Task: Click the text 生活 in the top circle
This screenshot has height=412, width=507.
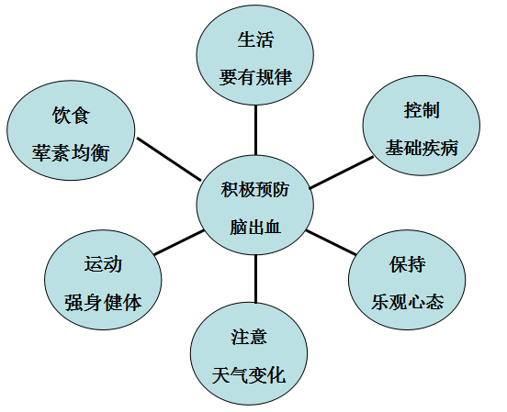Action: pyautogui.click(x=255, y=39)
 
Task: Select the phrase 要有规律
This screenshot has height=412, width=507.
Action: pyautogui.click(x=255, y=78)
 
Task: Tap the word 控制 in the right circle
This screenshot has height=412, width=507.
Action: pyautogui.click(x=422, y=110)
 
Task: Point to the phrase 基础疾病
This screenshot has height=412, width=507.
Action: pyautogui.click(x=422, y=148)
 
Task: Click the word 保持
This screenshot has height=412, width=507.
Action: pyautogui.click(x=407, y=264)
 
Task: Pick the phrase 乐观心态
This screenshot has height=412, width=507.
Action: pyautogui.click(x=407, y=302)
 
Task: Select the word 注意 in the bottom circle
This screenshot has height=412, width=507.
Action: pyautogui.click(x=249, y=337)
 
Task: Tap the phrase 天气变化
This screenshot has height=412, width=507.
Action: pyautogui.click(x=249, y=375)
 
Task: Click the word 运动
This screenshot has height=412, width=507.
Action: pyautogui.click(x=103, y=264)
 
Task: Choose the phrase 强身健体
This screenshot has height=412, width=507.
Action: pyautogui.click(x=103, y=303)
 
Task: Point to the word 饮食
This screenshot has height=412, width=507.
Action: pyautogui.click(x=71, y=115)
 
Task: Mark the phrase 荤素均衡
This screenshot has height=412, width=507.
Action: pyautogui.click(x=71, y=153)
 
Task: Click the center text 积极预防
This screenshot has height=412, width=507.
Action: pyautogui.click(x=255, y=189)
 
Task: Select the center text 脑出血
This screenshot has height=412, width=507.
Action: pyautogui.click(x=255, y=227)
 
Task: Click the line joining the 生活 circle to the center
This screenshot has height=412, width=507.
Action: pyautogui.click(x=255, y=130)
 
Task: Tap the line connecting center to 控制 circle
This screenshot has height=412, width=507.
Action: pyautogui.click(x=342, y=173)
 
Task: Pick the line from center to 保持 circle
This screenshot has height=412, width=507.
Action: pyautogui.click(x=331, y=242)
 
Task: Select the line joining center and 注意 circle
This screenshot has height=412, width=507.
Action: pyautogui.click(x=255, y=279)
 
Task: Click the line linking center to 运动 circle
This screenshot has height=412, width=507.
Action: pyautogui.click(x=179, y=242)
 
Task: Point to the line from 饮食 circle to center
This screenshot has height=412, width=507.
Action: pyautogui.click(x=169, y=159)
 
